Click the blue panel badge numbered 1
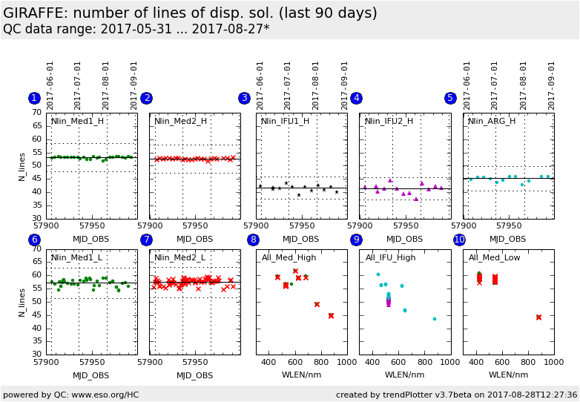[34, 98]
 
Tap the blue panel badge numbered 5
[450, 98]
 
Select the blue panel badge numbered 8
[253, 240]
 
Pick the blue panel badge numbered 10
[459, 240]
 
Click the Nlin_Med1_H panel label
[77, 121]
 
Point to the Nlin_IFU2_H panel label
[389, 121]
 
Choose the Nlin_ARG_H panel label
[492, 121]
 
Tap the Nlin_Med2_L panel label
[180, 257]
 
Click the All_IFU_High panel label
[390, 257]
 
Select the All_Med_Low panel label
[494, 257]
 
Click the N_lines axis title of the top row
[22, 166]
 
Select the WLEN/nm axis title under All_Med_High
[301, 375]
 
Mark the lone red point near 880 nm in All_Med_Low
[538, 317]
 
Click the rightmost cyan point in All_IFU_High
[435, 319]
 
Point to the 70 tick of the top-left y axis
[36, 113]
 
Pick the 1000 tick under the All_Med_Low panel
[553, 362]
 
